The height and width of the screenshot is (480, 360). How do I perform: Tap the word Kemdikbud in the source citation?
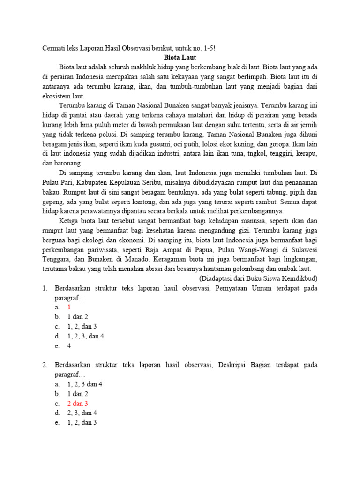300,278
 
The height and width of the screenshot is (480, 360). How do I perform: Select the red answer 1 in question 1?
69,307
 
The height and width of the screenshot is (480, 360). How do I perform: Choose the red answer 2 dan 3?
78,403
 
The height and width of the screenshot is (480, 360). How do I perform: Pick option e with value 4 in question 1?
69,346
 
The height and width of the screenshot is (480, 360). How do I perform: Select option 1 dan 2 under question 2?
78,394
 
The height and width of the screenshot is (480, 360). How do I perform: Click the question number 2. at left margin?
45,365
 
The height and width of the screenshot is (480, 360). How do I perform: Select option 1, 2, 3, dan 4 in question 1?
86,337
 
